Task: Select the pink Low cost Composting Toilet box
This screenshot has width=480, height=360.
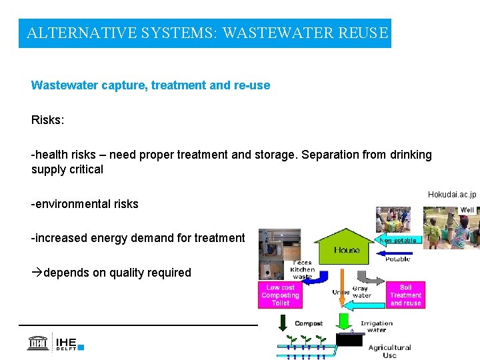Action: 280,295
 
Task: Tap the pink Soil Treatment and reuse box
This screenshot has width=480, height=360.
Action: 405,295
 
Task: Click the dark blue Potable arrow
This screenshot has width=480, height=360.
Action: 399,254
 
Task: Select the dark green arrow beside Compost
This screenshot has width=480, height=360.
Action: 282,323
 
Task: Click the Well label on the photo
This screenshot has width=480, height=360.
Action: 467,210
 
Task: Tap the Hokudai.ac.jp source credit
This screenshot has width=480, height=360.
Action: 452,195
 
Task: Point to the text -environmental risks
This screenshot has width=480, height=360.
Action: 85,204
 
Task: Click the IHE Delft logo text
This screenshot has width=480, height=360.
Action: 65,343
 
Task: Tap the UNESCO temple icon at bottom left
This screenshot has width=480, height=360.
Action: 37,343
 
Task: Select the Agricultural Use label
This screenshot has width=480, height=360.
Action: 389,351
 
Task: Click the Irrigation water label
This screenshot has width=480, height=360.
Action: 377,326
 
